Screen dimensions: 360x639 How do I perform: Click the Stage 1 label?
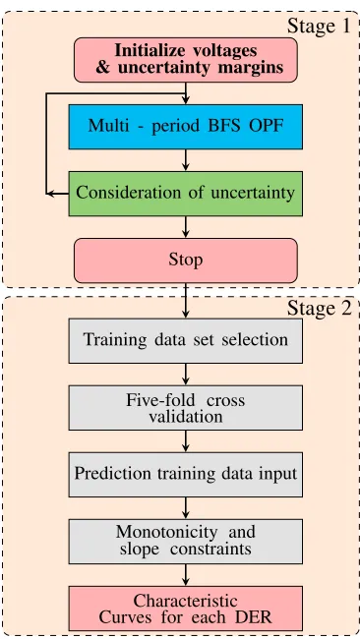[319, 26]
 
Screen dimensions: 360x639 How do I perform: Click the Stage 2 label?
[319, 308]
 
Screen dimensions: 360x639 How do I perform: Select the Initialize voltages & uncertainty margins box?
[186, 60]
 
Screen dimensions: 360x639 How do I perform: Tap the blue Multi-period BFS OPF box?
[186, 127]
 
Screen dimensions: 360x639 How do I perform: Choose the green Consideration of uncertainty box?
[186, 194]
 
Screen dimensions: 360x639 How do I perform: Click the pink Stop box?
[186, 261]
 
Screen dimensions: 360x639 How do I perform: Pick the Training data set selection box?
[186, 341]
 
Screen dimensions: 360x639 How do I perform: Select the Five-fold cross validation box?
[186, 408]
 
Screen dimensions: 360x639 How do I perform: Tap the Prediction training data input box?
[186, 475]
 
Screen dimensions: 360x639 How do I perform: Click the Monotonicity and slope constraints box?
[186, 542]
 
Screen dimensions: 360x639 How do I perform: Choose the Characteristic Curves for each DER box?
[186, 609]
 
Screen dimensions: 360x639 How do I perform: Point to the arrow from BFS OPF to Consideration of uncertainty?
[186, 160]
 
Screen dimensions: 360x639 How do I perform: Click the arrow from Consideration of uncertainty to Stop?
[186, 227]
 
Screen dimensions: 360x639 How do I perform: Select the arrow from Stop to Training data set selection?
[186, 301]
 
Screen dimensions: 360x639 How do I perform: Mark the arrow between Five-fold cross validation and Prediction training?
[186, 441]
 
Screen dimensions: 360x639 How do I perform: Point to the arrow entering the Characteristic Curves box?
[186, 575]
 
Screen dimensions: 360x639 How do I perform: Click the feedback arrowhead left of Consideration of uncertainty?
[50, 194]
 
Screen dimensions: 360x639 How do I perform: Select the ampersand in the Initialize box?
[103, 67]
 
